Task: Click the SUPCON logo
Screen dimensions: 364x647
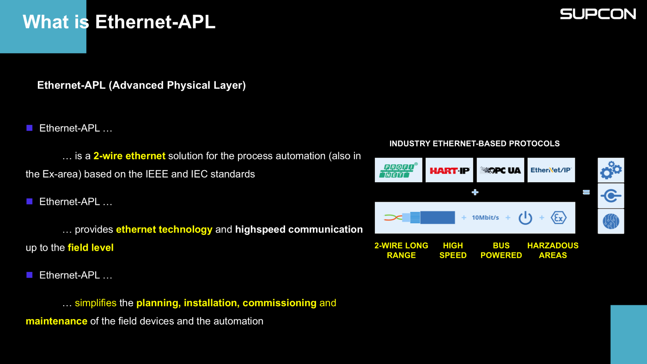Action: (598, 14)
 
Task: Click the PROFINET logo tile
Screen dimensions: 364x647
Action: (398, 170)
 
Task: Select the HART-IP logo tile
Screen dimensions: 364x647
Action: (449, 170)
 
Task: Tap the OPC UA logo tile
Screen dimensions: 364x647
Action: (501, 170)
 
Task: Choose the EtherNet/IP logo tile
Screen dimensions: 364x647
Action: (551, 170)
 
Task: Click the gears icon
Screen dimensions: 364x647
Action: (610, 170)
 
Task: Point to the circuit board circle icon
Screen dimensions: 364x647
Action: (610, 222)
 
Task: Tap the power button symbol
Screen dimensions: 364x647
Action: (525, 217)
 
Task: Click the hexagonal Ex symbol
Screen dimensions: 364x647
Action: (559, 217)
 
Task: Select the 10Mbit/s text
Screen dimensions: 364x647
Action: (485, 217)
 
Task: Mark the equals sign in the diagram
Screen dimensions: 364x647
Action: (586, 192)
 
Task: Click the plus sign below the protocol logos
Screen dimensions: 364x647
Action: (475, 192)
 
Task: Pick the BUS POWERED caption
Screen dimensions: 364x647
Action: (501, 250)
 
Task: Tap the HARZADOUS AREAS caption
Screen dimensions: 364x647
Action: (553, 250)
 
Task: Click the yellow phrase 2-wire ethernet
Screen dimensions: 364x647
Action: (129, 156)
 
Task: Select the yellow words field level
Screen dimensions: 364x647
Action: (91, 247)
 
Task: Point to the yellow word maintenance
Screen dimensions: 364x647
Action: (56, 321)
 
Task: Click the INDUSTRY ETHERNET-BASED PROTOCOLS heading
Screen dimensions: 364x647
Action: (475, 143)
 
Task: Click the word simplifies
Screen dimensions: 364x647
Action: (96, 303)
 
